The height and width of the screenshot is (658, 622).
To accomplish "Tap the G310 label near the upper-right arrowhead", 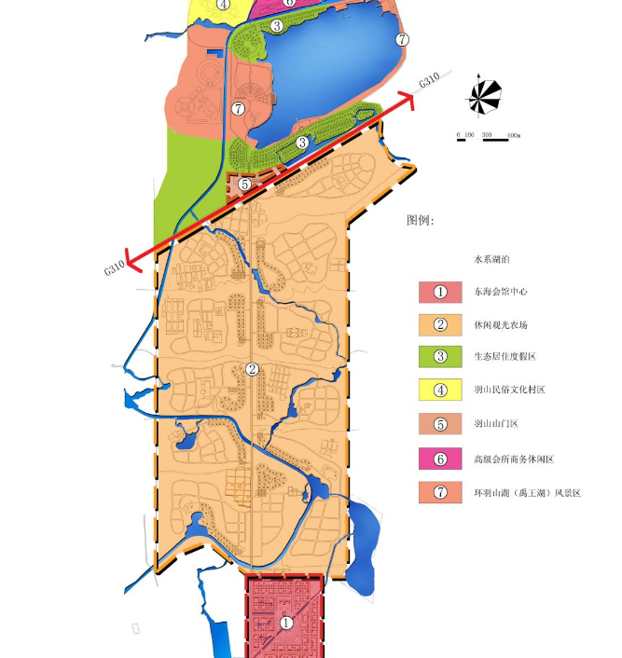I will (x=429, y=81).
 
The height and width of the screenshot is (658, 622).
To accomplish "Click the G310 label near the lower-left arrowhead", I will (x=114, y=268).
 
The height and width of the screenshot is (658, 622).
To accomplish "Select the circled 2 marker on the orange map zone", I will (x=252, y=369).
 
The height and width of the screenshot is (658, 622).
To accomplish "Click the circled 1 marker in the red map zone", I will (x=286, y=623).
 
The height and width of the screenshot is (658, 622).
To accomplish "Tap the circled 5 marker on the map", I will (x=244, y=184).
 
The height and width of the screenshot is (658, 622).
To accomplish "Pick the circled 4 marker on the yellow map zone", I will (x=224, y=4).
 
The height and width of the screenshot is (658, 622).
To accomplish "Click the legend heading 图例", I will (x=421, y=221).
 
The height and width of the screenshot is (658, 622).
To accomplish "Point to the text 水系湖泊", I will (x=491, y=259).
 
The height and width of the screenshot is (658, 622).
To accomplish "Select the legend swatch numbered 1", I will (x=441, y=292).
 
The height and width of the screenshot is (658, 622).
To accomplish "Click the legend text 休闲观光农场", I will (x=500, y=325).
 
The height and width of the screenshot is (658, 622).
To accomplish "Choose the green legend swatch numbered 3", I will (x=441, y=356).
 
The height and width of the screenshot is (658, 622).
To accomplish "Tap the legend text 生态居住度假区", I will (x=505, y=357).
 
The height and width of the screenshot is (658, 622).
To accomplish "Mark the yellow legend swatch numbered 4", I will (x=441, y=390).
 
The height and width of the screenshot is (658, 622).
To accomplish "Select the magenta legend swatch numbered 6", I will (x=441, y=459).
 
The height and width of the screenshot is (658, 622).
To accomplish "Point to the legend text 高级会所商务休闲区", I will (x=514, y=459).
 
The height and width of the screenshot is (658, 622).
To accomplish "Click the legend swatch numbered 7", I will (x=441, y=491).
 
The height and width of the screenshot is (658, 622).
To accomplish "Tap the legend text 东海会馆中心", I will (x=500, y=292).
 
